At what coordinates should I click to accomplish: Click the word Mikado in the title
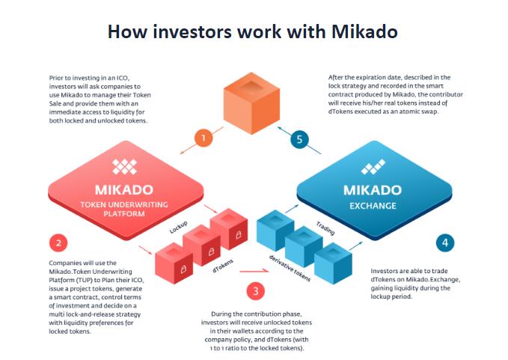coord(364,31)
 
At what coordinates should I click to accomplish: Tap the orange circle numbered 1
coord(203,138)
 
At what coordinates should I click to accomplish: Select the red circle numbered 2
coord(58,242)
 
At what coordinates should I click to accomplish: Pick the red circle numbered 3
coord(256,290)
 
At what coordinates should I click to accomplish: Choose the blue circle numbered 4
coord(445,242)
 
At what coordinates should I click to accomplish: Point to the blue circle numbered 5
coord(299,139)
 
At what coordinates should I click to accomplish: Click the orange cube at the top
coord(251,103)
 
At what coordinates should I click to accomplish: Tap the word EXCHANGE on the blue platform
coord(373,206)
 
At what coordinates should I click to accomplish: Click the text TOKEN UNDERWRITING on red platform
coord(124,205)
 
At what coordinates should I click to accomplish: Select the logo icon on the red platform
coord(124,167)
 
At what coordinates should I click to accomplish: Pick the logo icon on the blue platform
coord(373,167)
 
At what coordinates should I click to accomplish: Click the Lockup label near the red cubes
coord(179,228)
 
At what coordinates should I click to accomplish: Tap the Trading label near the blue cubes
coord(325,228)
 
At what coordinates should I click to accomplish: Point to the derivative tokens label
coord(290,268)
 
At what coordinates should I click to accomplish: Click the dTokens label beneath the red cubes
coord(223,266)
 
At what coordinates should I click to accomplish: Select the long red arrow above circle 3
coord(254,271)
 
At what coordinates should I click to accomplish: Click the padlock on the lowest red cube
coord(183,269)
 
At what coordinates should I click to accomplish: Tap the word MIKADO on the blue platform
coord(373,190)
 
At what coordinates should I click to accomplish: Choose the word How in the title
coord(127,31)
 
